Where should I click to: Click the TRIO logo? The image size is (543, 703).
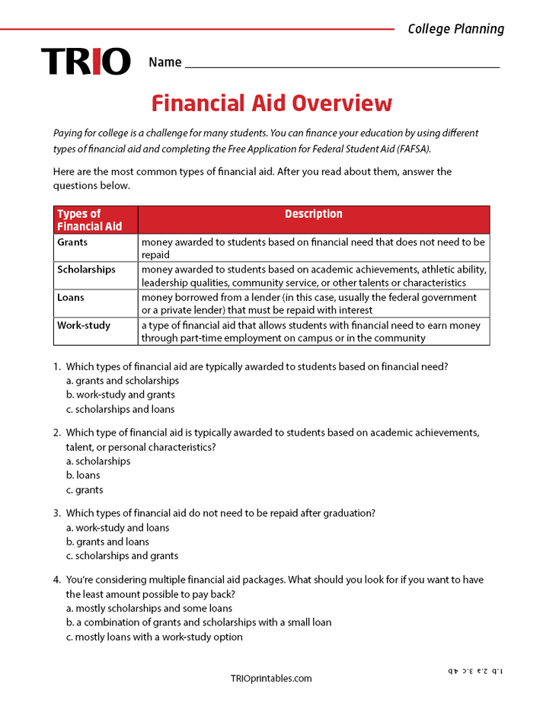pos(85,62)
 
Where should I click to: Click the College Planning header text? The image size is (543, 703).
pos(455,29)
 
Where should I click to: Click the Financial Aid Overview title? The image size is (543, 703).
pos(272,103)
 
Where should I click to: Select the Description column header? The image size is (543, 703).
pos(314,215)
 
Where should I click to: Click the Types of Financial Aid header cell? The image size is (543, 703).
pos(90,220)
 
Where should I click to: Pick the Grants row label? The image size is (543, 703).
pos(72,242)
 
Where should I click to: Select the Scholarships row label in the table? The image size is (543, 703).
pos(86,270)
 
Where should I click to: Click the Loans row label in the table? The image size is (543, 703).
pos(71,298)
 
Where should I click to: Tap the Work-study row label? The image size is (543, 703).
pos(84,325)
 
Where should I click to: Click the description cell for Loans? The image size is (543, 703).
pos(312,304)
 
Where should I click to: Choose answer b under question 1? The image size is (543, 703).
pos(120,395)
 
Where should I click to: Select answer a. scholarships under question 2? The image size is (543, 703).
pos(98,461)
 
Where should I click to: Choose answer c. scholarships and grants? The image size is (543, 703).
pos(122,556)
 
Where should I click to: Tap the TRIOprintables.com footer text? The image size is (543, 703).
pos(271,679)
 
